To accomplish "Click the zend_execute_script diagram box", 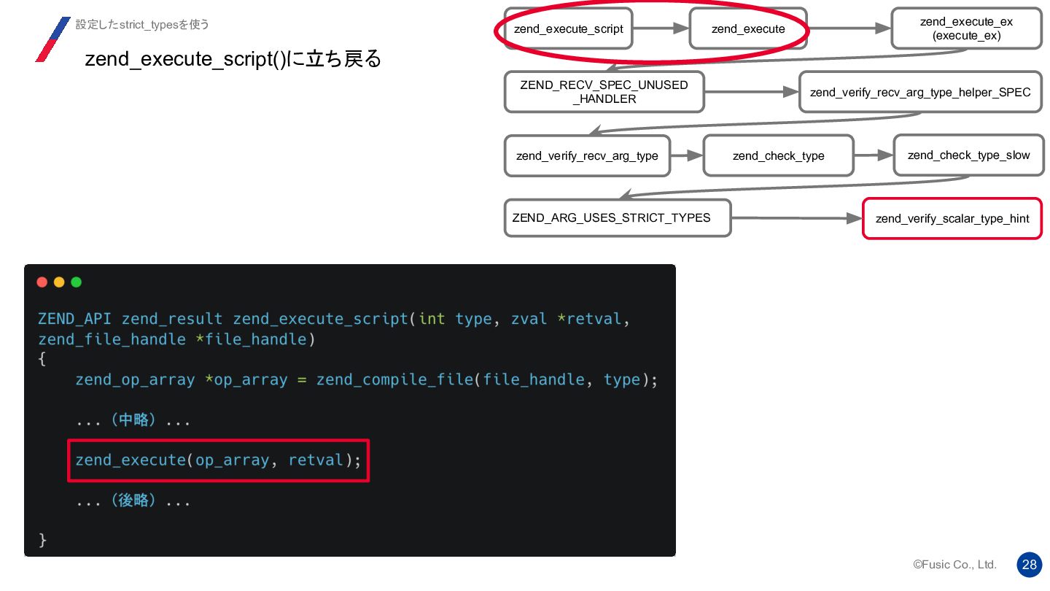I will click(568, 29).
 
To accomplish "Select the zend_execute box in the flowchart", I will click(748, 29).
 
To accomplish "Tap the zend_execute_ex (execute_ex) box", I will click(966, 29).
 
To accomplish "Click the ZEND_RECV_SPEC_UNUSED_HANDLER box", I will click(604, 92).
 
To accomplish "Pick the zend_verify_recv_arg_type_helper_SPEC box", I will click(920, 92).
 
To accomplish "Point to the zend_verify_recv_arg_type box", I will click(587, 155).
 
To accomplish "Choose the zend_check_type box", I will click(778, 155).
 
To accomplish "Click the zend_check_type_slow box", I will click(968, 155).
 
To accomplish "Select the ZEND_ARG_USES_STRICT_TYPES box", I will click(617, 217).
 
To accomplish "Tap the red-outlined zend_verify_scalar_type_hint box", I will click(952, 218).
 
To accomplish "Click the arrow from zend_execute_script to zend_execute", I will click(661, 28).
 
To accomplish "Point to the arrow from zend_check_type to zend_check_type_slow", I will click(874, 155).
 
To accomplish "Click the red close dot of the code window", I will click(42, 282).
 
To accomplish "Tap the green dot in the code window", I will click(76, 282).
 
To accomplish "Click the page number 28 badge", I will click(1029, 564).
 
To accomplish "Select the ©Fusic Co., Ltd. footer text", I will click(954, 565).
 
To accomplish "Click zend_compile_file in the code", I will click(394, 379).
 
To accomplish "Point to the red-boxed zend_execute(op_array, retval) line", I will click(218, 460).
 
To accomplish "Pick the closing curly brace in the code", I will click(42, 540).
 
